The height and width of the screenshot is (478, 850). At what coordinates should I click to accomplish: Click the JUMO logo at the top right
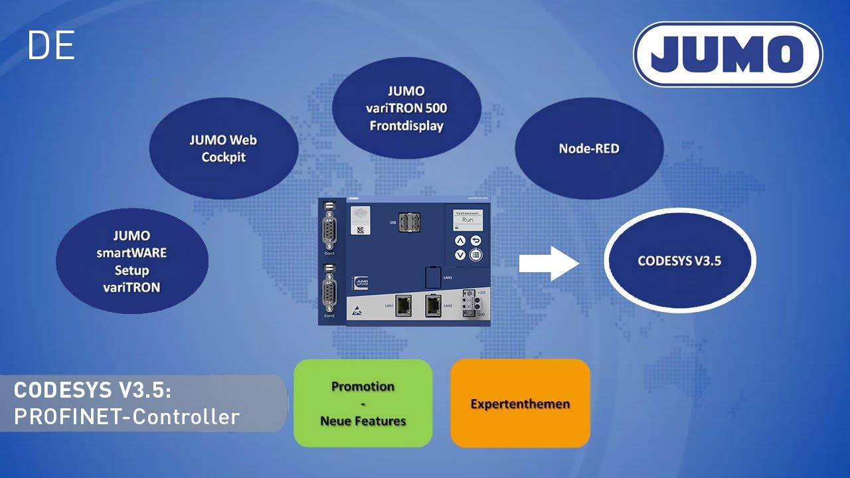point(728,54)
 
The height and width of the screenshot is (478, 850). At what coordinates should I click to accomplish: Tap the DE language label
point(50,46)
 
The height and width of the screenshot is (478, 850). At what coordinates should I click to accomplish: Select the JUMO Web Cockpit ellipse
point(224,149)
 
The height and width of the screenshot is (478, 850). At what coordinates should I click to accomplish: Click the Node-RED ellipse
point(589,149)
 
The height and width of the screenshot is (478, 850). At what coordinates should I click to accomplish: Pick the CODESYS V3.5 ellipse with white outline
point(679,261)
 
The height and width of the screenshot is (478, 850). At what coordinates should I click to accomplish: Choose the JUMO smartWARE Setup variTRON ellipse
point(131,262)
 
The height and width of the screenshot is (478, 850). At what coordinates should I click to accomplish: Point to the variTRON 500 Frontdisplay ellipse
point(406,108)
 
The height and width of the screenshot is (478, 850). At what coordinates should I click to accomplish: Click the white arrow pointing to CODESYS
point(549,264)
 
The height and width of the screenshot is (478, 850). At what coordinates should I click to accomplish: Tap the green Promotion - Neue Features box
point(363,403)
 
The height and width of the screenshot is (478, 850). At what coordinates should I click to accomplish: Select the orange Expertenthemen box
point(520,403)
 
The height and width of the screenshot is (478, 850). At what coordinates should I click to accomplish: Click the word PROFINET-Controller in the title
point(126,416)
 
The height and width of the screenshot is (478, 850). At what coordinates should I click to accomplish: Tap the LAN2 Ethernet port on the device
point(432,306)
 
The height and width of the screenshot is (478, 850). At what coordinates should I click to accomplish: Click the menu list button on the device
point(475,254)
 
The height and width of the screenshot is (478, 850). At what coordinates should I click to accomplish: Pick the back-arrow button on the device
point(475,240)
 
